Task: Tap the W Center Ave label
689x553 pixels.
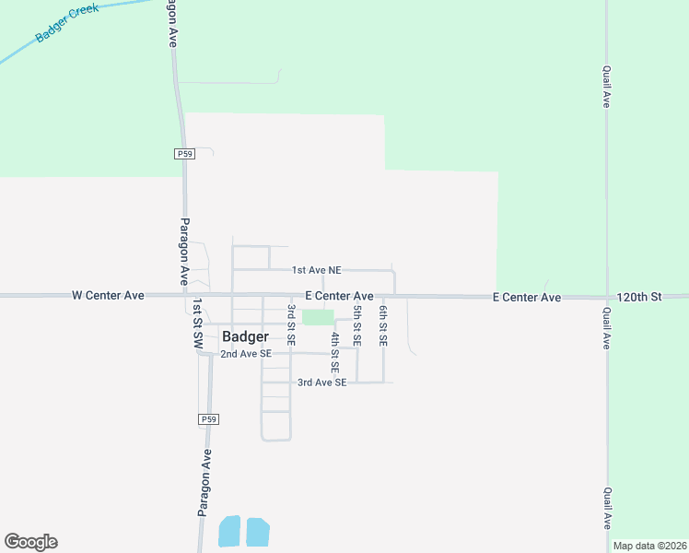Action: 109,296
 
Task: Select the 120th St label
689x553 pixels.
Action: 639,297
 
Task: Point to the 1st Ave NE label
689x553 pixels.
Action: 316,270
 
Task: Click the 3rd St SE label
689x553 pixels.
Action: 291,324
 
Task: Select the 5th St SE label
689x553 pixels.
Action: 356,324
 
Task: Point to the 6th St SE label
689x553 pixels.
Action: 383,325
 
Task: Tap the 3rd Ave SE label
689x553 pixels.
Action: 321,382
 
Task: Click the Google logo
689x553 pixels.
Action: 30,542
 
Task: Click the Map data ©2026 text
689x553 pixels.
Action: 649,546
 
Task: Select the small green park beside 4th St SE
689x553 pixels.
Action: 317,317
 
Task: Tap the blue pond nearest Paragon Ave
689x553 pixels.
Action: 228,531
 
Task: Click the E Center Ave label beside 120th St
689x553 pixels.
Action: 526,297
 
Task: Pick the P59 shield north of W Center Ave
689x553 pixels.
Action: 183,155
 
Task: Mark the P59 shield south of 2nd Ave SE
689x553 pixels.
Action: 208,419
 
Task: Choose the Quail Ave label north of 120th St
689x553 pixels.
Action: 606,87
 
